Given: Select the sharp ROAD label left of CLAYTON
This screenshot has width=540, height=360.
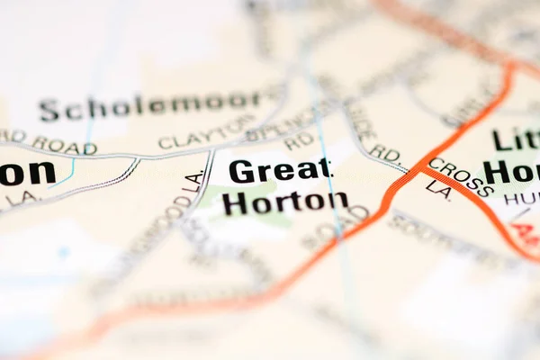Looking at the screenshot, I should click(65, 144).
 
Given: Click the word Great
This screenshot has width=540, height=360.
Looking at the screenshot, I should click(280, 169).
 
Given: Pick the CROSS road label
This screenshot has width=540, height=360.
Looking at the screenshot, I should click(460, 176).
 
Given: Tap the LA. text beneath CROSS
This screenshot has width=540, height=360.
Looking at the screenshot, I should click(438, 189).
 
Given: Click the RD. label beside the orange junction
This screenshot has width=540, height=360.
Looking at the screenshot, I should click(385, 153).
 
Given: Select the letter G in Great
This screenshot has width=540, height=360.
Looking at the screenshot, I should click(242, 170).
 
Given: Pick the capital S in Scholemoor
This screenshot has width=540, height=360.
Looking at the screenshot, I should click(49, 111).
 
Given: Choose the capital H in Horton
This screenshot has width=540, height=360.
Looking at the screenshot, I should click(236, 203).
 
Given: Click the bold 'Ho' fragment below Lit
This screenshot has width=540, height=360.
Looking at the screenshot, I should click(513, 172).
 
